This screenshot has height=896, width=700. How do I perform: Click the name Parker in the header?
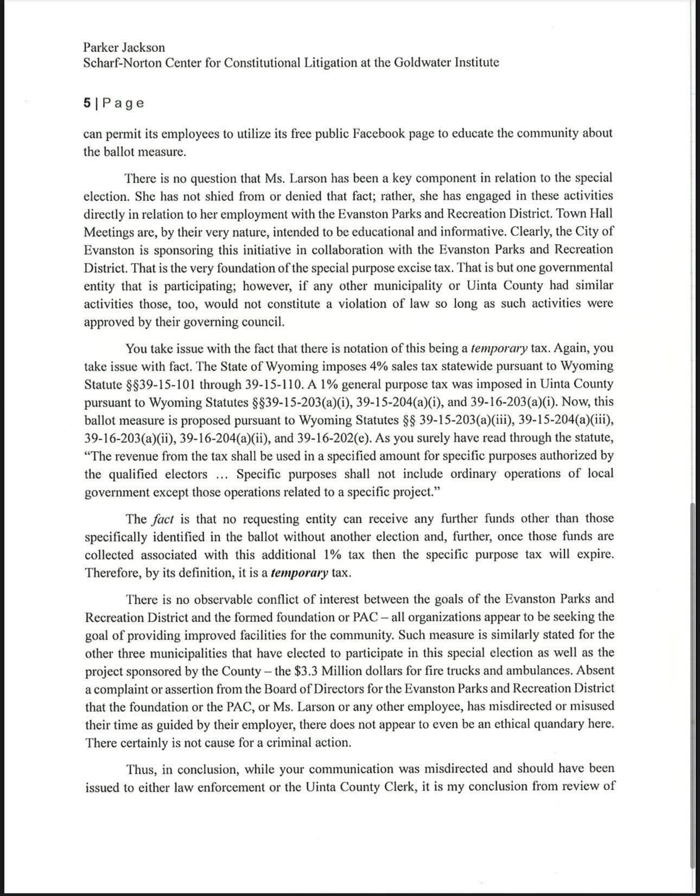pyautogui.click(x=101, y=48)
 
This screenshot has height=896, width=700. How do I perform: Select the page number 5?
pyautogui.click(x=87, y=103)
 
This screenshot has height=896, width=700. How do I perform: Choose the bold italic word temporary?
pyautogui.click(x=299, y=573)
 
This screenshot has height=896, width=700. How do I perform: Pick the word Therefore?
pyautogui.click(x=112, y=573)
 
